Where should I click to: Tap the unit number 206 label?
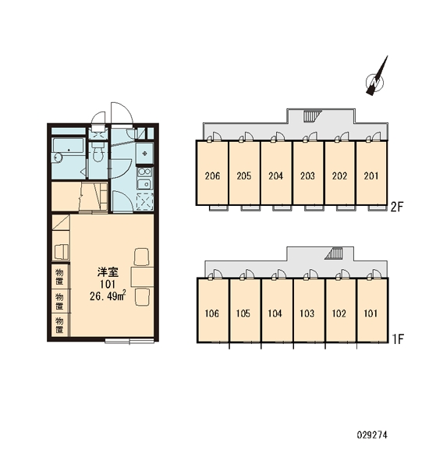click(x=213, y=175)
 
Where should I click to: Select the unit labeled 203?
click(x=308, y=173)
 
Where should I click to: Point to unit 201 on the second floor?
click(x=371, y=173)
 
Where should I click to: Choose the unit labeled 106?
click(x=213, y=310)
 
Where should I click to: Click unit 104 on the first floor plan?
click(x=277, y=310)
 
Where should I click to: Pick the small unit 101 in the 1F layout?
click(x=372, y=310)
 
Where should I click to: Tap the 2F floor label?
click(x=397, y=207)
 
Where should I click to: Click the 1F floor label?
click(x=398, y=339)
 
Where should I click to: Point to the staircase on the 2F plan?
click(x=313, y=115)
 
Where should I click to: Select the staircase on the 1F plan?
click(x=335, y=253)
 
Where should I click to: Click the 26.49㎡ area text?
click(x=108, y=296)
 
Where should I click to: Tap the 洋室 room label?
click(x=108, y=272)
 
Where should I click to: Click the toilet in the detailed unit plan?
click(x=97, y=153)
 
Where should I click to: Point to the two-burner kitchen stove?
click(x=144, y=172)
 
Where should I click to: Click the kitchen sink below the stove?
click(x=145, y=184)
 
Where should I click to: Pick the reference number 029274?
click(x=372, y=435)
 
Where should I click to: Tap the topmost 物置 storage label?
click(x=59, y=277)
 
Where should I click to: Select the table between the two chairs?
click(x=143, y=277)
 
